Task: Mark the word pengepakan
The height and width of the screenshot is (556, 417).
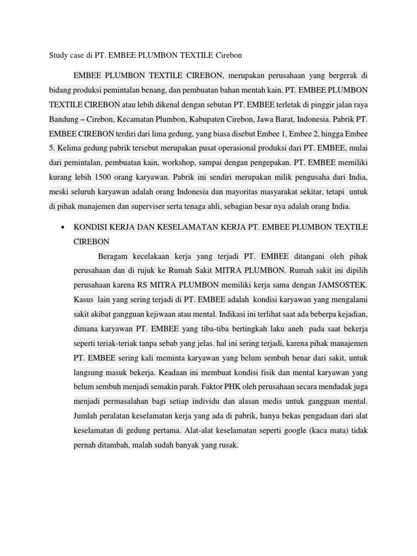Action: coord(271,162)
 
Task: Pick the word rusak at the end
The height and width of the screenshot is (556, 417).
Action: coord(228,446)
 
